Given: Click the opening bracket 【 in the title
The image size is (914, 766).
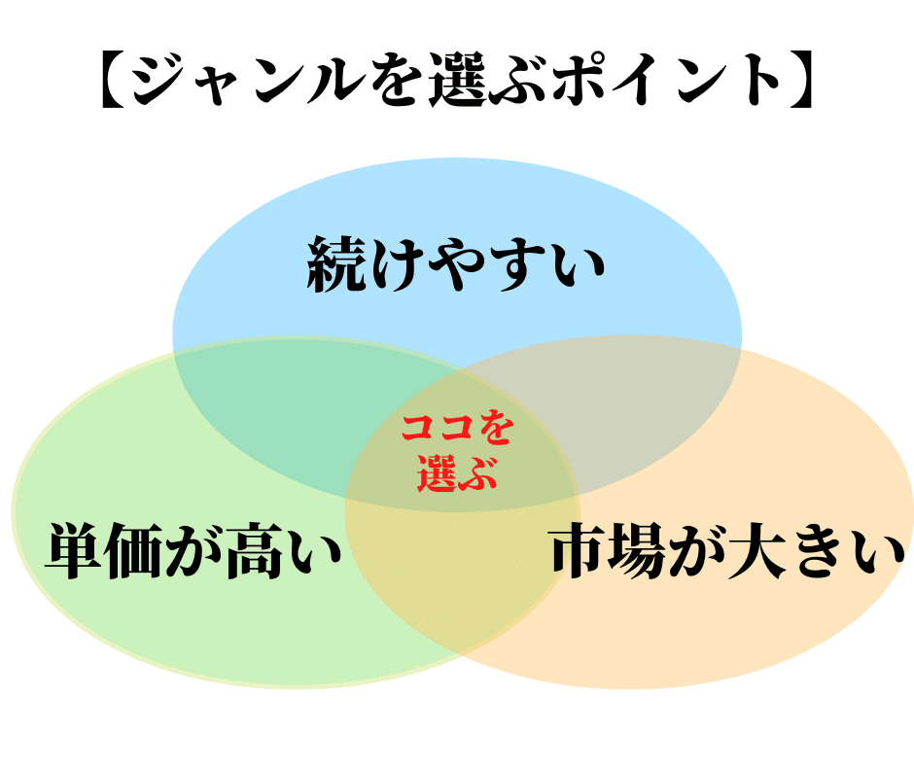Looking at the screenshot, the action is [x=114, y=80].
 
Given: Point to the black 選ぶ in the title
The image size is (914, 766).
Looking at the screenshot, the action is [x=488, y=80].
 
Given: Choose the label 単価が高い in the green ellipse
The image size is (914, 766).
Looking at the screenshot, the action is [x=193, y=551].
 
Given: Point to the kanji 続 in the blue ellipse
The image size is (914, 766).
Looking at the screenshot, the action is [x=335, y=263].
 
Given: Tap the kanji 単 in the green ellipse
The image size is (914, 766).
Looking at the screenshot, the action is [x=74, y=551].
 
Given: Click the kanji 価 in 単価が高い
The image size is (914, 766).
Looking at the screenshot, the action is [x=134, y=551].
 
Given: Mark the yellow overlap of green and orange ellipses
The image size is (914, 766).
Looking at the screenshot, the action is [x=461, y=577].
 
